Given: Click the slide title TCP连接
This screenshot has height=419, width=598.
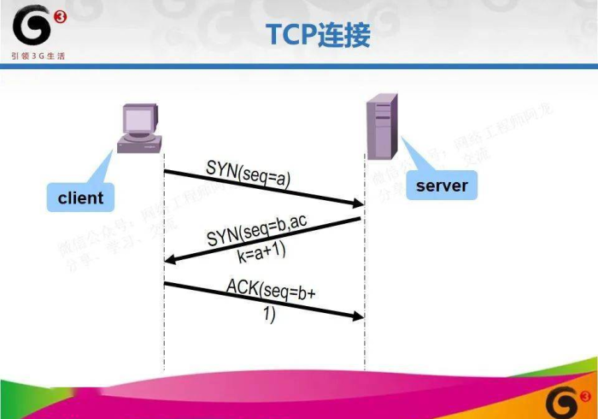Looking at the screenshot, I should click(318, 35).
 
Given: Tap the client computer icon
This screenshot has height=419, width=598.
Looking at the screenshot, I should click(140, 127).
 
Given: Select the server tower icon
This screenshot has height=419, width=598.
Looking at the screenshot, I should click(381, 127).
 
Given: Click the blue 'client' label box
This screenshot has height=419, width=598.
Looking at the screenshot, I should click(80, 198).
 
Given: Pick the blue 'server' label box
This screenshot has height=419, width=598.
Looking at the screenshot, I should click(442, 185).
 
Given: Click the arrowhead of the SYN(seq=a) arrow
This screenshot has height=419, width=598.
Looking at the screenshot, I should click(358, 204).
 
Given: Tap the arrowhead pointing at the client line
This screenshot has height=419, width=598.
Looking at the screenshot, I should click(170, 260).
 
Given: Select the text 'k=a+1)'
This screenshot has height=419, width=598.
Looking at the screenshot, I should click(261, 251).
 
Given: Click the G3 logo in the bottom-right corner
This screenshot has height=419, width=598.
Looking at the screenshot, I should click(567, 398).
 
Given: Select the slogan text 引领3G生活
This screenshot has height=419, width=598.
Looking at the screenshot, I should click(38, 56).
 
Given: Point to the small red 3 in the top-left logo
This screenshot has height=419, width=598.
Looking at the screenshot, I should click(58, 16).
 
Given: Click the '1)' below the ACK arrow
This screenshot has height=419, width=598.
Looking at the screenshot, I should click(268, 315).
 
